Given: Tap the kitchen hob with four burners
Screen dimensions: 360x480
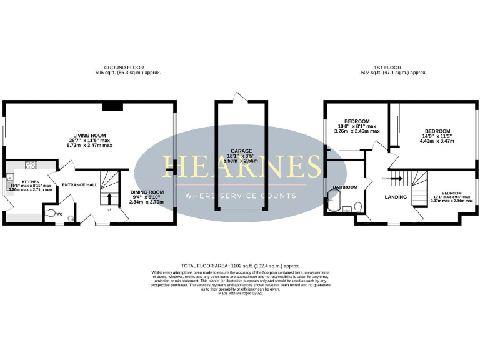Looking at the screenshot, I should [29, 165].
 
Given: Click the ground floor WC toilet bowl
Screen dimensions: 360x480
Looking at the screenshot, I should [51, 212].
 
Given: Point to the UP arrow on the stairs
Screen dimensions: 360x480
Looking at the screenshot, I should [111, 199].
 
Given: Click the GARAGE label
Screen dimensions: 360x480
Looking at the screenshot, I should [240, 151].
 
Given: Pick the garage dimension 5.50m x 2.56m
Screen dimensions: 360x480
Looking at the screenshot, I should [240, 161].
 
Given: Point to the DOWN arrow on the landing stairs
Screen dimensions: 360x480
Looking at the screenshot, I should [388, 177].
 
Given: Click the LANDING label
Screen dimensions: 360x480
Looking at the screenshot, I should [396, 197].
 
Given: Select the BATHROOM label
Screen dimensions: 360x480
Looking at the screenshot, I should [344, 187].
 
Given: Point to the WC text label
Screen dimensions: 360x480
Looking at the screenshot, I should [60, 214].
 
